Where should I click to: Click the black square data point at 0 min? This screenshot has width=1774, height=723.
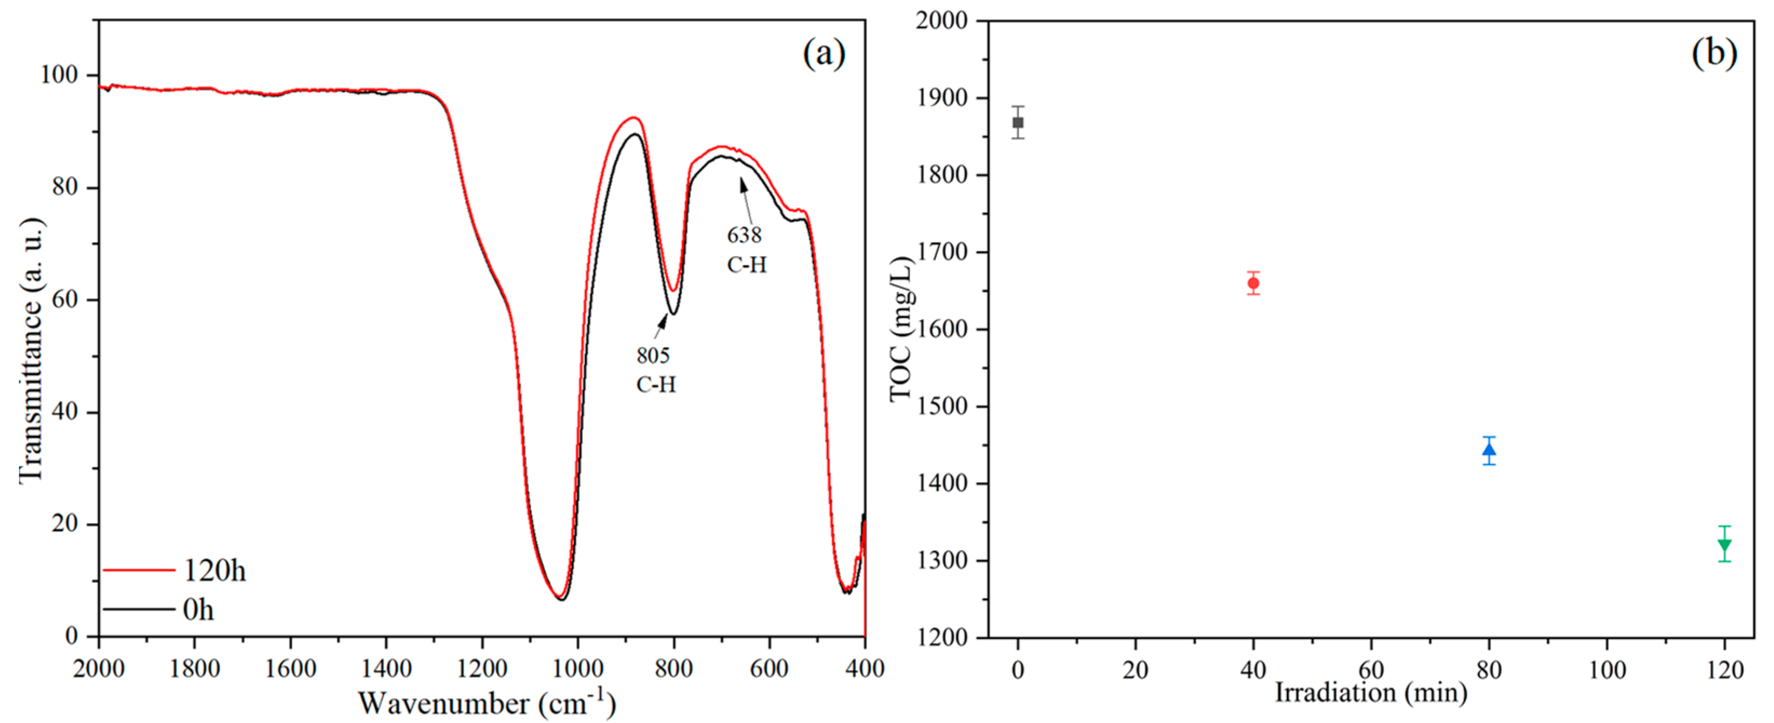coord(1018,122)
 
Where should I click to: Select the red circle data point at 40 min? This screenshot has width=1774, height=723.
coord(1254,283)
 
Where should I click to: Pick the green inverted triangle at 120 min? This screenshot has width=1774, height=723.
coord(1724,544)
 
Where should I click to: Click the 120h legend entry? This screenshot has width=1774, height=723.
coord(213,571)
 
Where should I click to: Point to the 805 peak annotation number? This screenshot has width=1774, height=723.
coord(653,356)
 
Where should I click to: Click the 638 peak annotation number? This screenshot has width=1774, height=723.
coord(744,235)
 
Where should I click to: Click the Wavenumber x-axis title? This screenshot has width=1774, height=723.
coord(486,703)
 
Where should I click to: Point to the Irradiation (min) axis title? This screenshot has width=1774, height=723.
coord(1370,692)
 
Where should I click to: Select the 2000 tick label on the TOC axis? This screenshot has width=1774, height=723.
coord(942,21)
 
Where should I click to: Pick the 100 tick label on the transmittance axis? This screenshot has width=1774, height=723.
coord(59,74)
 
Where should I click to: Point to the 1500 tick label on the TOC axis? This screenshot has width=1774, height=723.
coord(942,406)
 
